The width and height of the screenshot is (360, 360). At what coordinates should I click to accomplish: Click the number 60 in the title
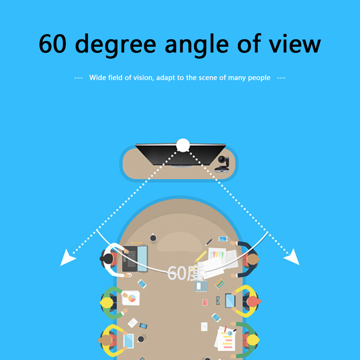53,44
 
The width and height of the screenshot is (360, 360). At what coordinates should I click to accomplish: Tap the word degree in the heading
115,45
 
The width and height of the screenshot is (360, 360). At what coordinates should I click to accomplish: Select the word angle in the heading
197,45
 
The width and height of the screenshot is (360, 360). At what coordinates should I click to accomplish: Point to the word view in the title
295,44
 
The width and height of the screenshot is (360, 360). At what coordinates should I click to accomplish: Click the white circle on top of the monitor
183,145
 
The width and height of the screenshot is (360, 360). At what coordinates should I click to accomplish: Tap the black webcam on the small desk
222,164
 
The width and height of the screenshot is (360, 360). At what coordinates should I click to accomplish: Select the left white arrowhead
67,258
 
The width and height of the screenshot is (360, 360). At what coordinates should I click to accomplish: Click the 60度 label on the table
185,273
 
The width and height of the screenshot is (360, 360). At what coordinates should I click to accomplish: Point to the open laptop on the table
135,259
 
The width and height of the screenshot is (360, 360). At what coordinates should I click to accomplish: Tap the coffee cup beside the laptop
153,238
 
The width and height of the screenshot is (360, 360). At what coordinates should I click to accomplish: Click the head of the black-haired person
106,259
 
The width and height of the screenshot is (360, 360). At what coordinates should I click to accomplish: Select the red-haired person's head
253,301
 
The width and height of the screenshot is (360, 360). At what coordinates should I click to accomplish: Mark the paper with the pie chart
131,298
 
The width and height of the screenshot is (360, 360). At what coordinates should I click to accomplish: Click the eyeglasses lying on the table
218,301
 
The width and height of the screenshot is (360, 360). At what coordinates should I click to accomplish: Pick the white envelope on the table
133,323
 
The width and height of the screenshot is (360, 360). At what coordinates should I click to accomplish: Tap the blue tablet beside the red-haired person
230,301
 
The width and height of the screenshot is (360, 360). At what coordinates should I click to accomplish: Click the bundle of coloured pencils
220,283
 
